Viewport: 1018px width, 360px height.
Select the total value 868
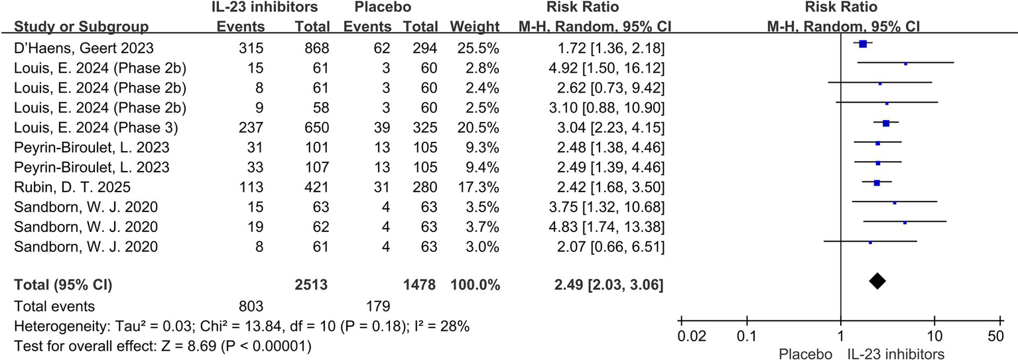[316, 49]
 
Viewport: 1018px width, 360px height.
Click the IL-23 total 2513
[312, 286]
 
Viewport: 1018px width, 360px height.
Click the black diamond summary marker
[877, 281]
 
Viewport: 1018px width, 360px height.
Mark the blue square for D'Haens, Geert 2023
[863, 44]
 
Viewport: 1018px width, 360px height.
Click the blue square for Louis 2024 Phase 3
[886, 123]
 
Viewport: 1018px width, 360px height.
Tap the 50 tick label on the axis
[995, 335]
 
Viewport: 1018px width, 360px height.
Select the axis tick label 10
[934, 335]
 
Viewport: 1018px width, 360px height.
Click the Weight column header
[474, 27]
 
